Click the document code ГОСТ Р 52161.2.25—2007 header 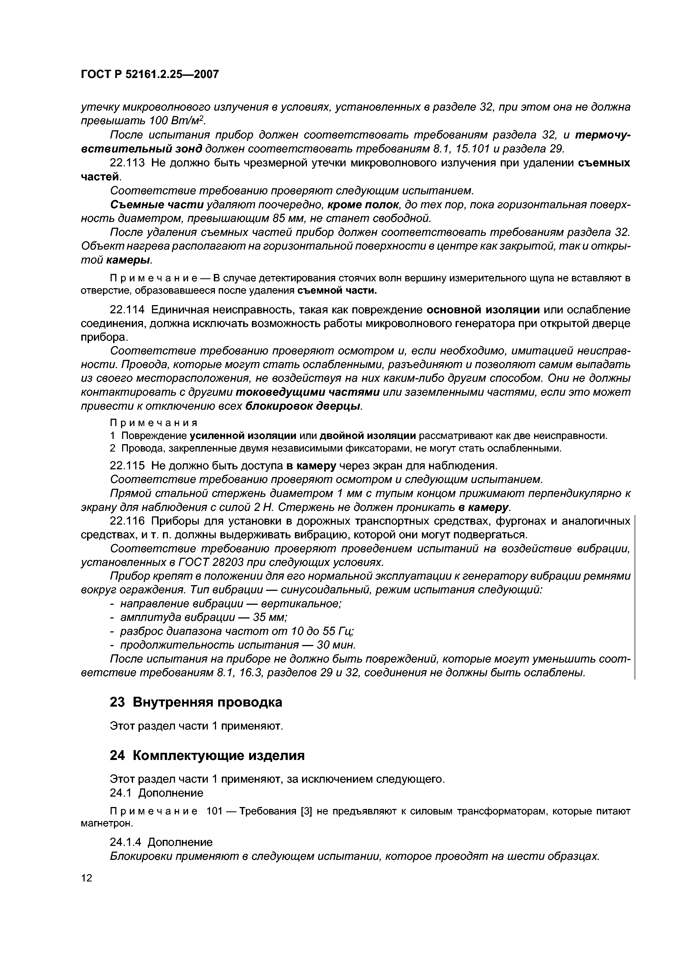coord(149,74)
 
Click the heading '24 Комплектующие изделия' coord(207,756)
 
